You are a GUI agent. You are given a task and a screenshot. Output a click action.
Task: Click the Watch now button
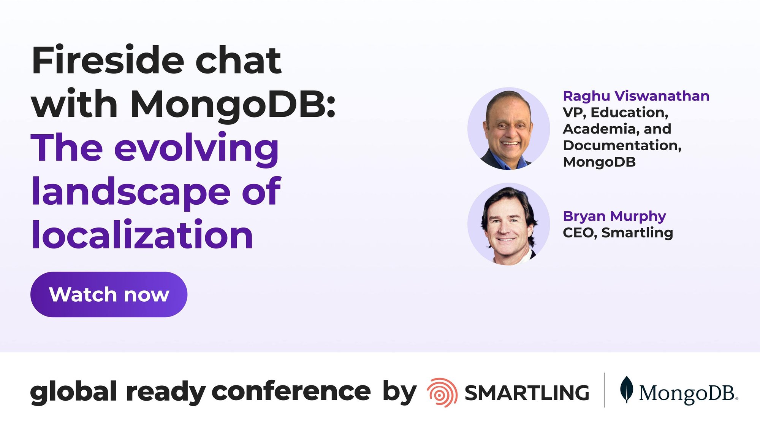tap(109, 294)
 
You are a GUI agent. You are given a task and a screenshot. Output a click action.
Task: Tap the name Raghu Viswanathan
tap(636, 96)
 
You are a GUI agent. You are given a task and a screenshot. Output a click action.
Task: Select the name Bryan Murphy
tap(614, 216)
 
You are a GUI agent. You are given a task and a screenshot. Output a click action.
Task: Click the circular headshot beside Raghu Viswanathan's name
tap(508, 129)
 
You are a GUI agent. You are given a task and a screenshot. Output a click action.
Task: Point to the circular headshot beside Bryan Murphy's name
tap(508, 224)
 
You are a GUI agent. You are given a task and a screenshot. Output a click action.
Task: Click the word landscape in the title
tap(131, 192)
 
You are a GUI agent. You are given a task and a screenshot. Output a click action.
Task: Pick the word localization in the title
tap(142, 235)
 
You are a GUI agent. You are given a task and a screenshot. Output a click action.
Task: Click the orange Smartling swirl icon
tap(442, 393)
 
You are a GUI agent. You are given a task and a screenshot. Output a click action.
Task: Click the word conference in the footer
tap(291, 391)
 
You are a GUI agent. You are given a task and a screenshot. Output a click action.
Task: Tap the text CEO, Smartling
tap(617, 232)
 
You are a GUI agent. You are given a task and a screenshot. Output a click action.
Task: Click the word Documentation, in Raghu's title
tap(622, 145)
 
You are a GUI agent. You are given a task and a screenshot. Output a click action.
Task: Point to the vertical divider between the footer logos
tap(605, 390)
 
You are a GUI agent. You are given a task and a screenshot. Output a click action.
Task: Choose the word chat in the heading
tap(238, 61)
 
